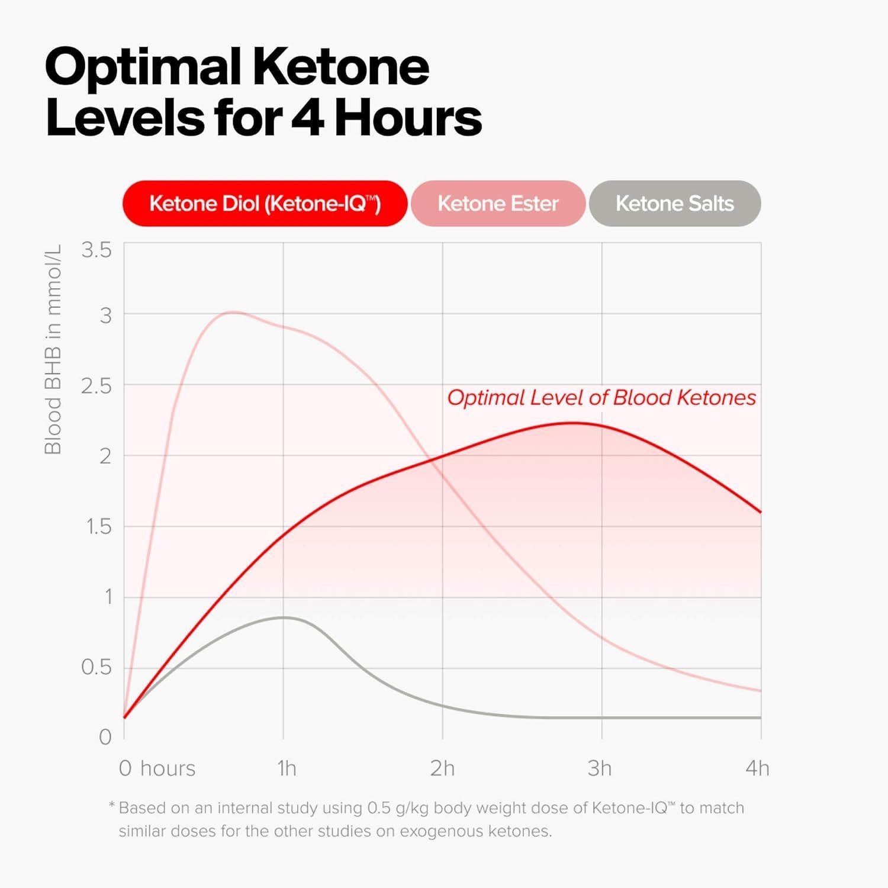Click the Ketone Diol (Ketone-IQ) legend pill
click(265, 204)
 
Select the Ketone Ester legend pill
click(498, 204)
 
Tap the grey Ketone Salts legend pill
click(674, 204)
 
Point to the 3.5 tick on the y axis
click(96, 250)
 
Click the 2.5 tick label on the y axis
click(96, 387)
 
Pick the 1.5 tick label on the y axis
click(99, 526)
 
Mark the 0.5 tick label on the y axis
click(96, 667)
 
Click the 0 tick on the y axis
click(105, 737)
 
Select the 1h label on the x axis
click(287, 768)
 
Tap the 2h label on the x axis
click(442, 768)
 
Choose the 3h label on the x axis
click(599, 768)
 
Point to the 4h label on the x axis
click(757, 768)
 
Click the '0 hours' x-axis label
click(157, 768)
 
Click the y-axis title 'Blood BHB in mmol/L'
click(53, 349)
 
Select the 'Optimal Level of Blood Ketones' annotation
click(601, 398)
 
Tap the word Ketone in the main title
click(341, 67)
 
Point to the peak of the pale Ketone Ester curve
click(233, 312)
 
